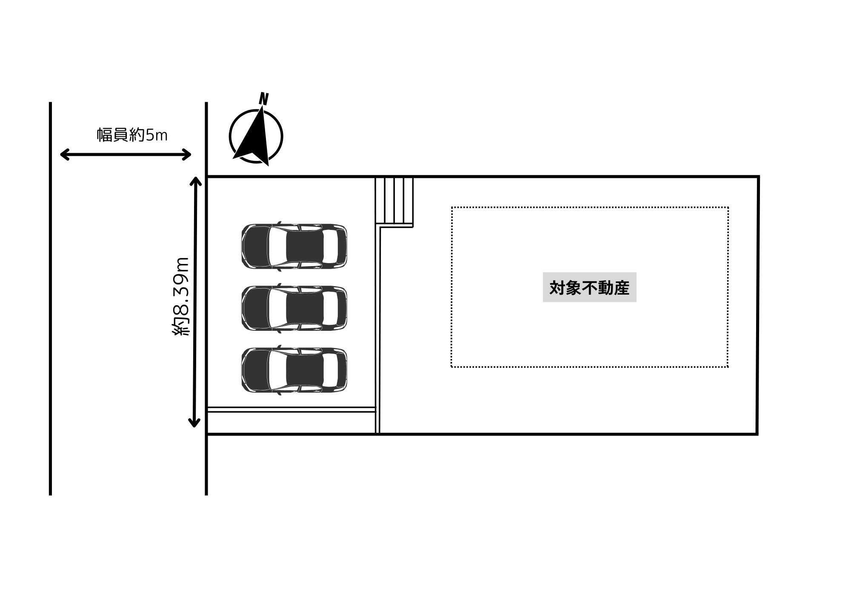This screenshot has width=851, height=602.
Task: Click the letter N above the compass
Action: click(x=264, y=99)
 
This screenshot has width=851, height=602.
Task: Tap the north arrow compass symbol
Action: click(x=256, y=136)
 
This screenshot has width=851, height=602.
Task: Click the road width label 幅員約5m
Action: click(x=132, y=135)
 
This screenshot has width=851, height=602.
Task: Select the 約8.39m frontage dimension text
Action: click(x=180, y=297)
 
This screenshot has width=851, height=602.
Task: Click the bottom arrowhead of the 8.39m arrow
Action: click(x=194, y=423)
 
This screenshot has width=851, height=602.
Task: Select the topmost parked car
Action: click(x=294, y=246)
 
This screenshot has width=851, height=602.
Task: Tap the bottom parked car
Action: click(x=294, y=370)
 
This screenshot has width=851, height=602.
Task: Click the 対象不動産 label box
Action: click(x=589, y=287)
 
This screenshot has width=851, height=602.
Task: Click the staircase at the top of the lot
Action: click(x=394, y=201)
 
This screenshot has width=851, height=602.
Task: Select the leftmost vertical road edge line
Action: click(x=50, y=298)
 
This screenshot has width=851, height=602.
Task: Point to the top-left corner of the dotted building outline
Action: click(x=452, y=208)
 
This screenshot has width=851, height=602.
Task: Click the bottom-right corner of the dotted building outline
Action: click(x=728, y=366)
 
